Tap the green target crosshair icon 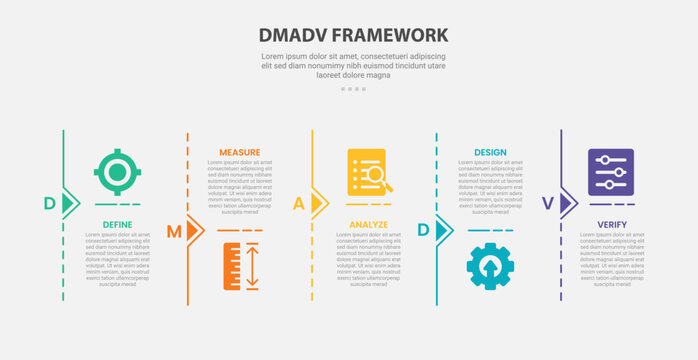pyautogui.click(x=117, y=172)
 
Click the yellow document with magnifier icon pyautogui.click(x=367, y=172)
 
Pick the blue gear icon pyautogui.click(x=490, y=267)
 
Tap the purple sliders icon pyautogui.click(x=611, y=172)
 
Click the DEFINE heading pyautogui.click(x=118, y=225)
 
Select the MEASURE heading pyautogui.click(x=240, y=153)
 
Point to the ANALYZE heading pyautogui.click(x=368, y=225)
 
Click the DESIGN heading pyautogui.click(x=490, y=153)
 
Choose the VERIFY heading pyautogui.click(x=612, y=225)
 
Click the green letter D pyautogui.click(x=49, y=204)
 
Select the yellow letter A pyautogui.click(x=298, y=204)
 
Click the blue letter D pyautogui.click(x=423, y=231)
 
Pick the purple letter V pyautogui.click(x=547, y=204)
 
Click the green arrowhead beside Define pyautogui.click(x=70, y=204)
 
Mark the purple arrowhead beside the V pyautogui.click(x=568, y=204)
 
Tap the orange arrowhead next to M pyautogui.click(x=194, y=231)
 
